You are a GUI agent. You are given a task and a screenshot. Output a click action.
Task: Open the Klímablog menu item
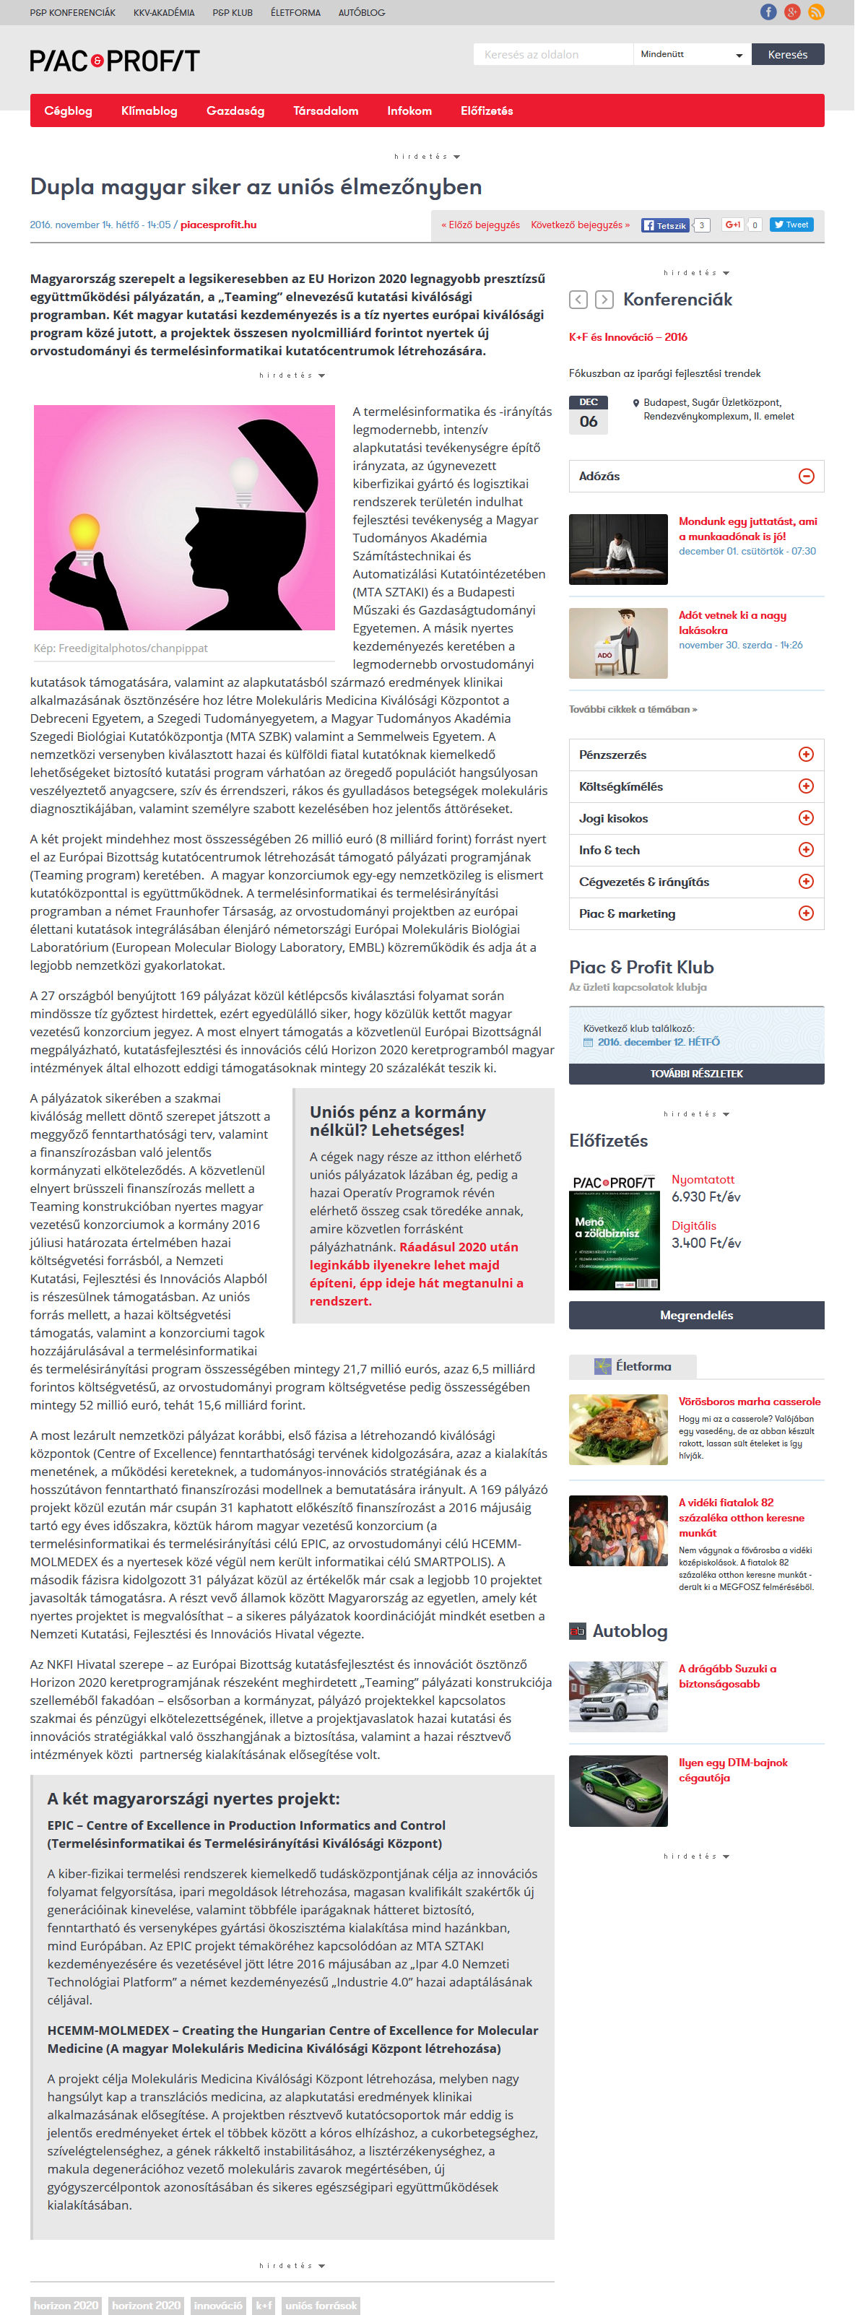149,110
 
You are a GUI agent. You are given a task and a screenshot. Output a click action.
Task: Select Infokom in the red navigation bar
409,110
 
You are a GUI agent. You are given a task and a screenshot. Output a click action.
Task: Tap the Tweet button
791,225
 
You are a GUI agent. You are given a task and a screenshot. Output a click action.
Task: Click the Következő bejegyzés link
580,225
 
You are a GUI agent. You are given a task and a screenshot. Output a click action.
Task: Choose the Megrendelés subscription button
696,1315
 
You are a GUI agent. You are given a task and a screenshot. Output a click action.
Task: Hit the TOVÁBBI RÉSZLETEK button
696,1074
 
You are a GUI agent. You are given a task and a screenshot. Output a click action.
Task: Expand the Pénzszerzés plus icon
806,755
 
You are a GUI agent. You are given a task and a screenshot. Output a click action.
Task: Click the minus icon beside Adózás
806,477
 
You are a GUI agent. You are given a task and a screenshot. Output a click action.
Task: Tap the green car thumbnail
617,1790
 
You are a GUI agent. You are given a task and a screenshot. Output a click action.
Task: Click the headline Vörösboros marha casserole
749,1401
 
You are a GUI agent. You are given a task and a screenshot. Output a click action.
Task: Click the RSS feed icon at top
815,12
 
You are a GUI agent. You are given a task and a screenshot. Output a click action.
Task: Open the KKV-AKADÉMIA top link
164,12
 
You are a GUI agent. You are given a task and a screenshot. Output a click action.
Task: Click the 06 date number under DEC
588,422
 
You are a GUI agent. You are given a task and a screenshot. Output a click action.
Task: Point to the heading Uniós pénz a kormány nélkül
397,1121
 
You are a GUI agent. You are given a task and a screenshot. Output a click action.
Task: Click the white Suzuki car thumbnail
617,1697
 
